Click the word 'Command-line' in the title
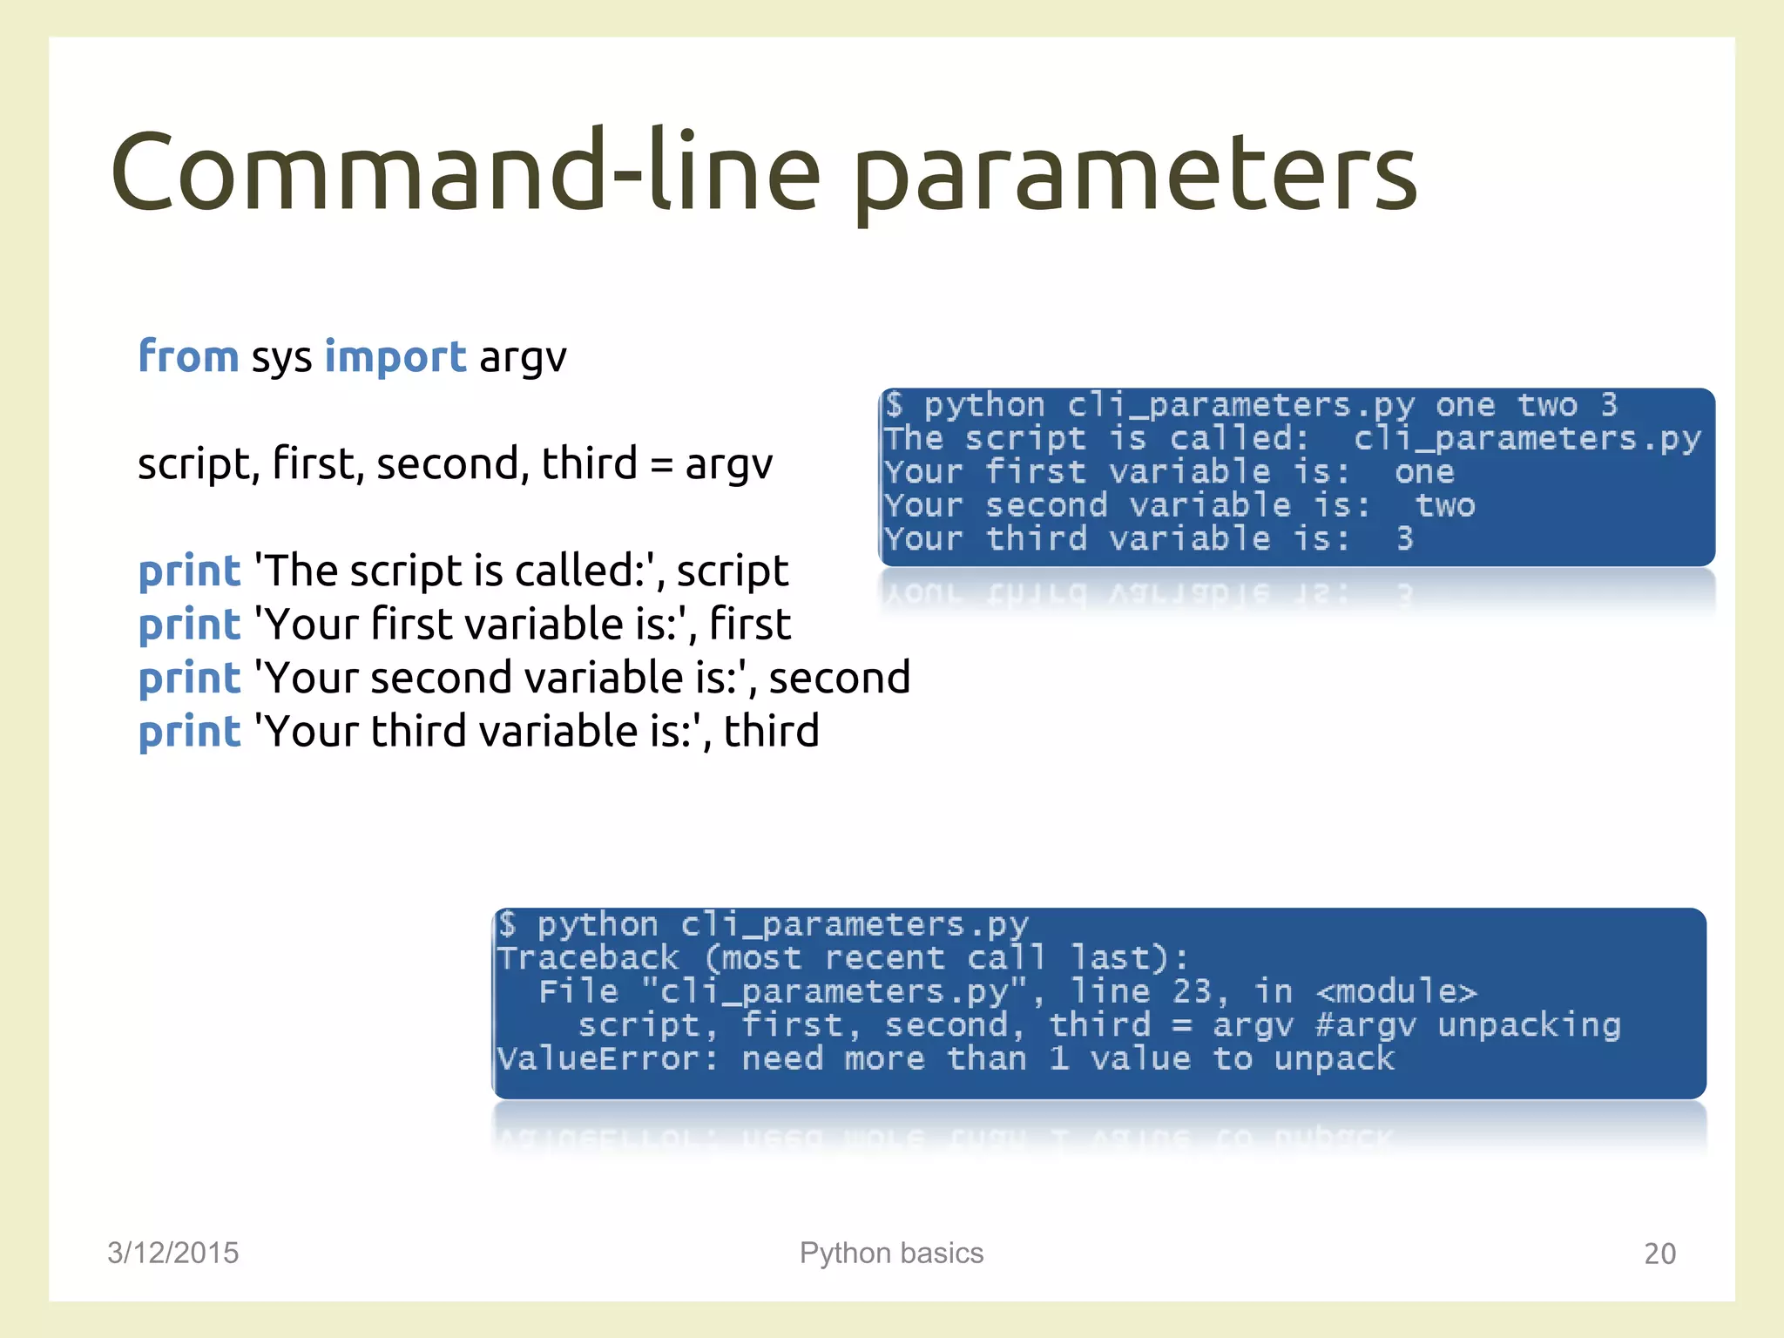pyautogui.click(x=466, y=170)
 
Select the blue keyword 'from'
pyautogui.click(x=188, y=357)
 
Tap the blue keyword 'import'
pyautogui.click(x=395, y=357)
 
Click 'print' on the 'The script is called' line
pyautogui.click(x=189, y=572)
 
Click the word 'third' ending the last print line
pyautogui.click(x=771, y=732)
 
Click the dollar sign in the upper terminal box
pyautogui.click(x=894, y=405)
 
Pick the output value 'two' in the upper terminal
pyautogui.click(x=1444, y=506)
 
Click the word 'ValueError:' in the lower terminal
pyautogui.click(x=608, y=1059)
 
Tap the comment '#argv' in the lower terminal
pyautogui.click(x=1364, y=1026)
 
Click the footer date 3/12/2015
pyautogui.click(x=172, y=1253)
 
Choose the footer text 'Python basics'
pyautogui.click(x=891, y=1253)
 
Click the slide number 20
pyautogui.click(x=1659, y=1254)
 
